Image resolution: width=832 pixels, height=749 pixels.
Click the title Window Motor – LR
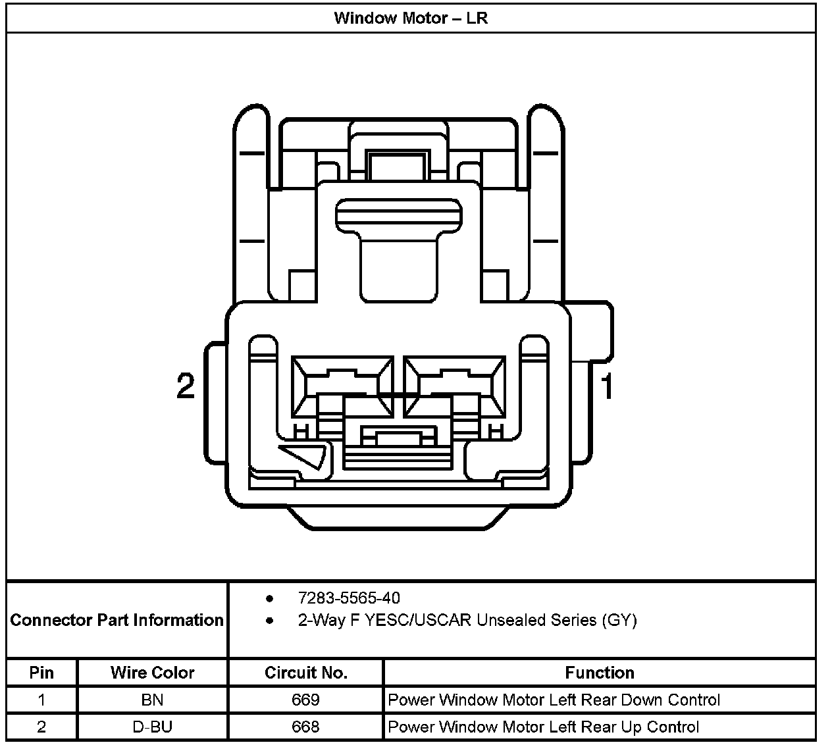pos(411,18)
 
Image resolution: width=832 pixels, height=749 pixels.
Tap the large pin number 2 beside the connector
pos(186,386)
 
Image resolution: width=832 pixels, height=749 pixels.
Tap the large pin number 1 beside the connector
pos(607,386)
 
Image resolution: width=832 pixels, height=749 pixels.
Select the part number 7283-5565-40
pos(349,598)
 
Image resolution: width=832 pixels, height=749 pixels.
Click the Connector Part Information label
pos(117,620)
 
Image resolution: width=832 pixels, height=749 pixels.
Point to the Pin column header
pos(41,673)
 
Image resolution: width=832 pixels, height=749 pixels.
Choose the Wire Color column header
pos(152,673)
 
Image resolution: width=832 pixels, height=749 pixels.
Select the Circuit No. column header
pos(305,673)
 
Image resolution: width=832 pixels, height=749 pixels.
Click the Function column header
pos(600,673)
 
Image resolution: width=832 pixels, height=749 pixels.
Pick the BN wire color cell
pos(152,700)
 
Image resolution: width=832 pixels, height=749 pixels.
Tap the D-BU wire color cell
pos(152,727)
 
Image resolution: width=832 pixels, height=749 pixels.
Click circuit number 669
pos(305,700)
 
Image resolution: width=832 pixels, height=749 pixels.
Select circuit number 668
pos(305,727)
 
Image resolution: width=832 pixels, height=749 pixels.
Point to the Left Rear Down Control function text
pos(554,700)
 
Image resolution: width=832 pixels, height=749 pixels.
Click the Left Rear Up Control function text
pos(544,727)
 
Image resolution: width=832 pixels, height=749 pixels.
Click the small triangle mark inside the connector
pos(306,455)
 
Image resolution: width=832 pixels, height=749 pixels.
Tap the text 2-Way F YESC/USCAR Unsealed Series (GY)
pos(467,620)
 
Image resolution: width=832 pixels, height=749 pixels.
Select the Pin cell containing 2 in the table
pos(41,727)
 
